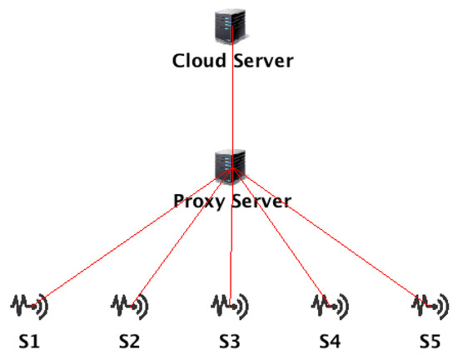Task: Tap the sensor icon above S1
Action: [x=29, y=307]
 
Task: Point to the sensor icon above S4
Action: [x=330, y=307]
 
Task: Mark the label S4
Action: [x=330, y=342]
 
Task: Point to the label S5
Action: [x=429, y=342]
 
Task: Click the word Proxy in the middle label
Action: [x=197, y=201]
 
